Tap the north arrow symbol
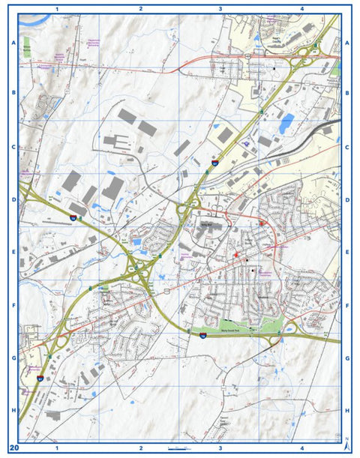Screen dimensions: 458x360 coord(347,443)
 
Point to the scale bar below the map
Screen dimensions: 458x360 coord(183,448)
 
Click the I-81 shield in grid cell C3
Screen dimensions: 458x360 coord(215,161)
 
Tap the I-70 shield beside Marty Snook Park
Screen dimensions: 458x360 coord(202,337)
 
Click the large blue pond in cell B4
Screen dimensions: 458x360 coord(286,121)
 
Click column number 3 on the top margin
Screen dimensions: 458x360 coord(220,8)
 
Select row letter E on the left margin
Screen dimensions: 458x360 coord(13,253)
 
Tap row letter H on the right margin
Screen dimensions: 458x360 coord(347,411)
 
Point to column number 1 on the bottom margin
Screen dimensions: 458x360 coord(58,448)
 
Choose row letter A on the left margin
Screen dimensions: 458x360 coord(13,43)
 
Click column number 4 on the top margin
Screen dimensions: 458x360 coord(301,8)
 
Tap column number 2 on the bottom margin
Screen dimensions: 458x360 coord(140,448)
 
